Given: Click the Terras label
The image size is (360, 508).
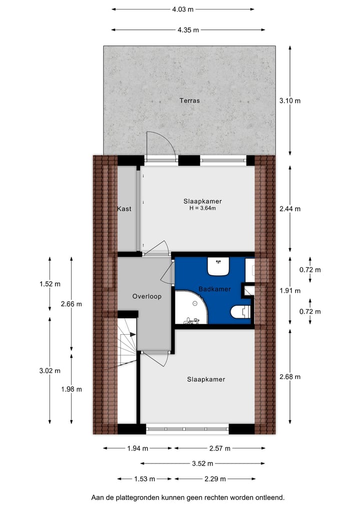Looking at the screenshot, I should (189, 100).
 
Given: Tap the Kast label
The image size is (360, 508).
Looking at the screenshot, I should (124, 209).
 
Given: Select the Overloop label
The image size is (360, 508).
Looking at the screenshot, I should (147, 296).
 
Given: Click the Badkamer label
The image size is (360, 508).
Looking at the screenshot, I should (214, 289).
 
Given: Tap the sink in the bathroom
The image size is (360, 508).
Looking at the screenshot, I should (218, 267).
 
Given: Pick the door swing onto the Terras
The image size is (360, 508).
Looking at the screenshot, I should (160, 145).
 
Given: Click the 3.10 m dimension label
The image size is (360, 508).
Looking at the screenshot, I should (290, 100).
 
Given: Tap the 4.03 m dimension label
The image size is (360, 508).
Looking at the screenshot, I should (182, 9).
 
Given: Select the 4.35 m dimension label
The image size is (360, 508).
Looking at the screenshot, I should (188, 30).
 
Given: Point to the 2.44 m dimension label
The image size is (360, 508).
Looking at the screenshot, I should (290, 209).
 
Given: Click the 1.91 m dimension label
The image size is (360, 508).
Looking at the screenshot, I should (290, 290).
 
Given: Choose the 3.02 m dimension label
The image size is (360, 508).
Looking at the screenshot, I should (49, 371).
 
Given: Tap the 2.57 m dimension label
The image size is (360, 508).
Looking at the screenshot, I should (220, 449).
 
